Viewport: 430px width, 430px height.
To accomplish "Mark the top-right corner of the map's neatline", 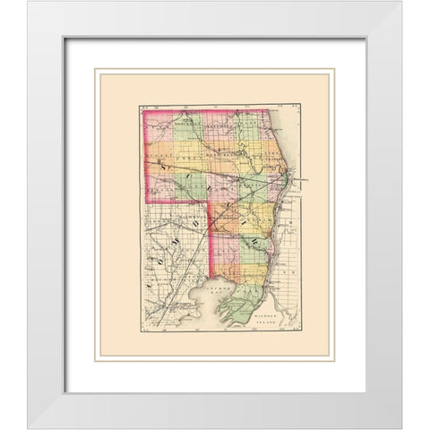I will pyautogui.click(x=301, y=106).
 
